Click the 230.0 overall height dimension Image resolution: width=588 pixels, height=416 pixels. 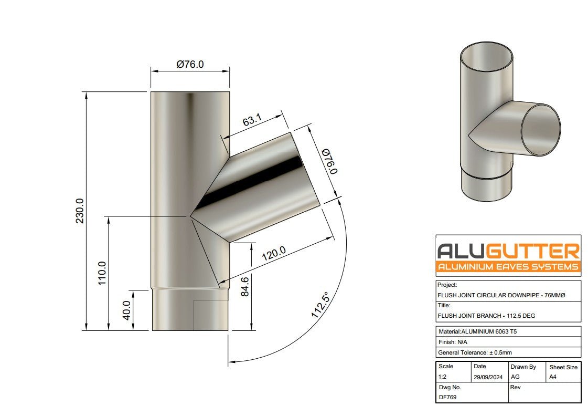tap(80, 211)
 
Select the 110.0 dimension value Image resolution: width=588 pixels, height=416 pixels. tap(102, 273)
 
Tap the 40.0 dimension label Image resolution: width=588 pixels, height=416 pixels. tap(126, 310)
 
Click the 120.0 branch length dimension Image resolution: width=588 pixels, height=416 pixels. tap(273, 255)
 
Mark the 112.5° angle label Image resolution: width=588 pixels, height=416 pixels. tap(320, 305)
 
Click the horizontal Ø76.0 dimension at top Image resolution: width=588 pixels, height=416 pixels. tap(190, 64)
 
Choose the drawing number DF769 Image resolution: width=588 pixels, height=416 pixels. tap(447, 397)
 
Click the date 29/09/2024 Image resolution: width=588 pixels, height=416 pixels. tap(488, 377)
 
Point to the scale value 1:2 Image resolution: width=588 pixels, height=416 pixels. tap(443, 377)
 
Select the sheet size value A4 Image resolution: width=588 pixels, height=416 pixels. tap(553, 377)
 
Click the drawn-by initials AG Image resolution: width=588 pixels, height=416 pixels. tap(515, 377)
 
